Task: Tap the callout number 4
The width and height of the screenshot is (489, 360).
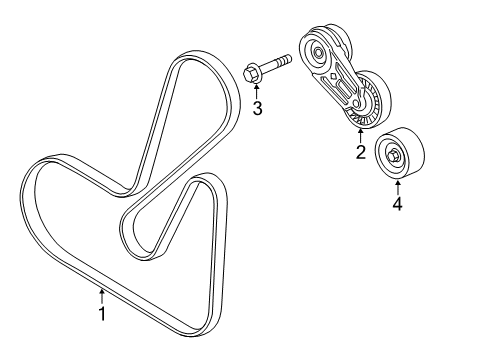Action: coord(397,205)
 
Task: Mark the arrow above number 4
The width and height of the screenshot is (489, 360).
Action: coord(397,187)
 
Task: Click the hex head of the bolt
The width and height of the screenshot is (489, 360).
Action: coord(252,71)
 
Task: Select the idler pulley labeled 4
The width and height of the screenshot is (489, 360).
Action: coord(398,154)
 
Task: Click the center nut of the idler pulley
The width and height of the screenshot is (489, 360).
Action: coord(396,155)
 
